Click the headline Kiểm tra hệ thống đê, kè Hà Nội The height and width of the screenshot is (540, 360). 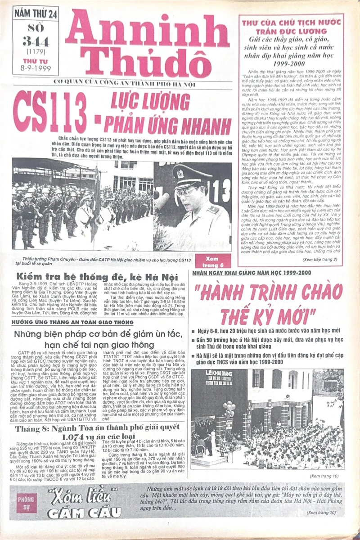[x=97, y=277]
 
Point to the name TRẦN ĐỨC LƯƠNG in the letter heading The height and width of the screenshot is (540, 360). [x=291, y=31]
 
